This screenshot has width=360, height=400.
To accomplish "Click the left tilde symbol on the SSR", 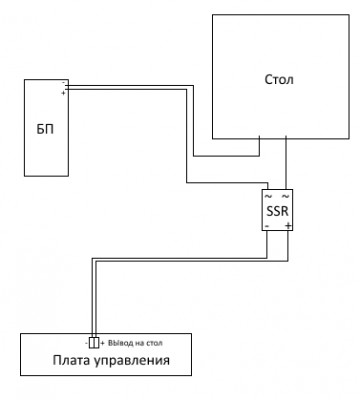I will coord(267,196).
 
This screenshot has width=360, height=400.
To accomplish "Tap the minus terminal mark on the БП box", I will coord(64,84).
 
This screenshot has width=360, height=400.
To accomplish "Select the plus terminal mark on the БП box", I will coord(64,93).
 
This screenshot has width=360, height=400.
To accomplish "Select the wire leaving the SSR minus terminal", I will coord(267,245).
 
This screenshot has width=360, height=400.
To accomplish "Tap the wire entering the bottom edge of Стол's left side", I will coord(260,146).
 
